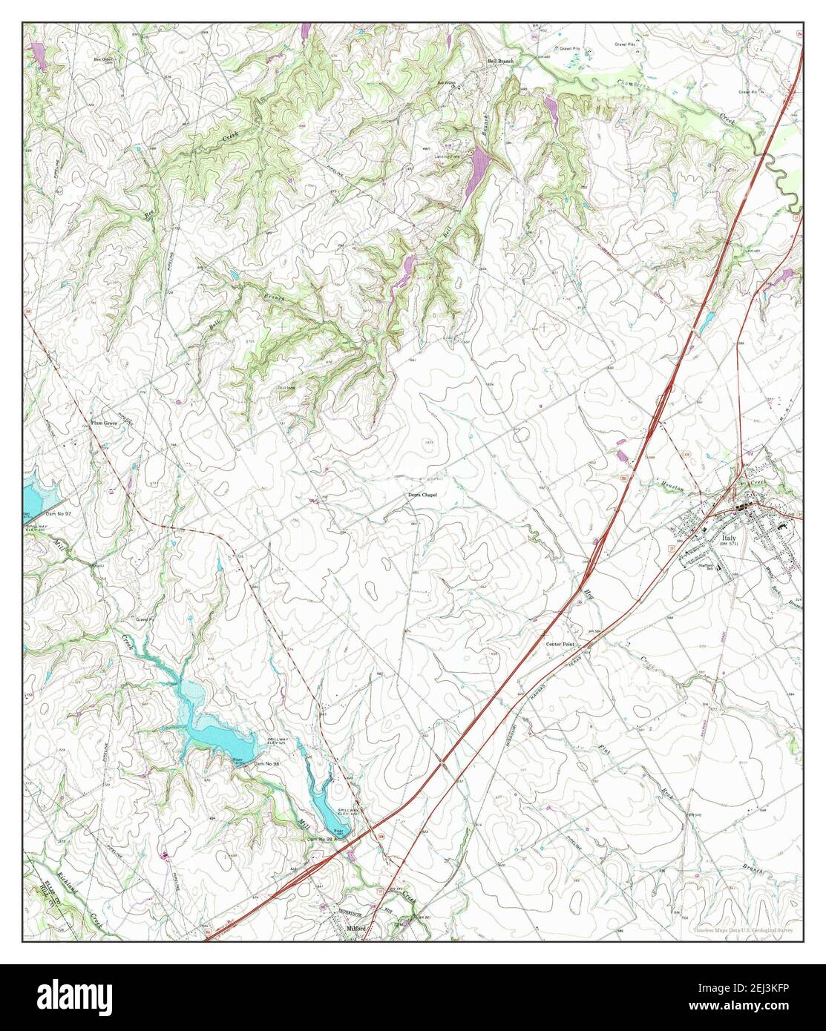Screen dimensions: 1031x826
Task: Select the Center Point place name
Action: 561,645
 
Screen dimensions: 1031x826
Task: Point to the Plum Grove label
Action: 105,423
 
